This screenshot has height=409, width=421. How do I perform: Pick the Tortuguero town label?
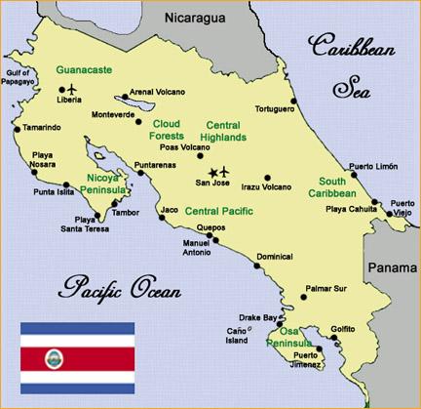(276, 108)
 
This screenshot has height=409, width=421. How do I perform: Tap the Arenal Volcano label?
(161, 94)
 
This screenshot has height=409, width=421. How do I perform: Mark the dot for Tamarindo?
(16, 128)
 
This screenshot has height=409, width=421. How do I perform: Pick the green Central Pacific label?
(219, 210)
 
